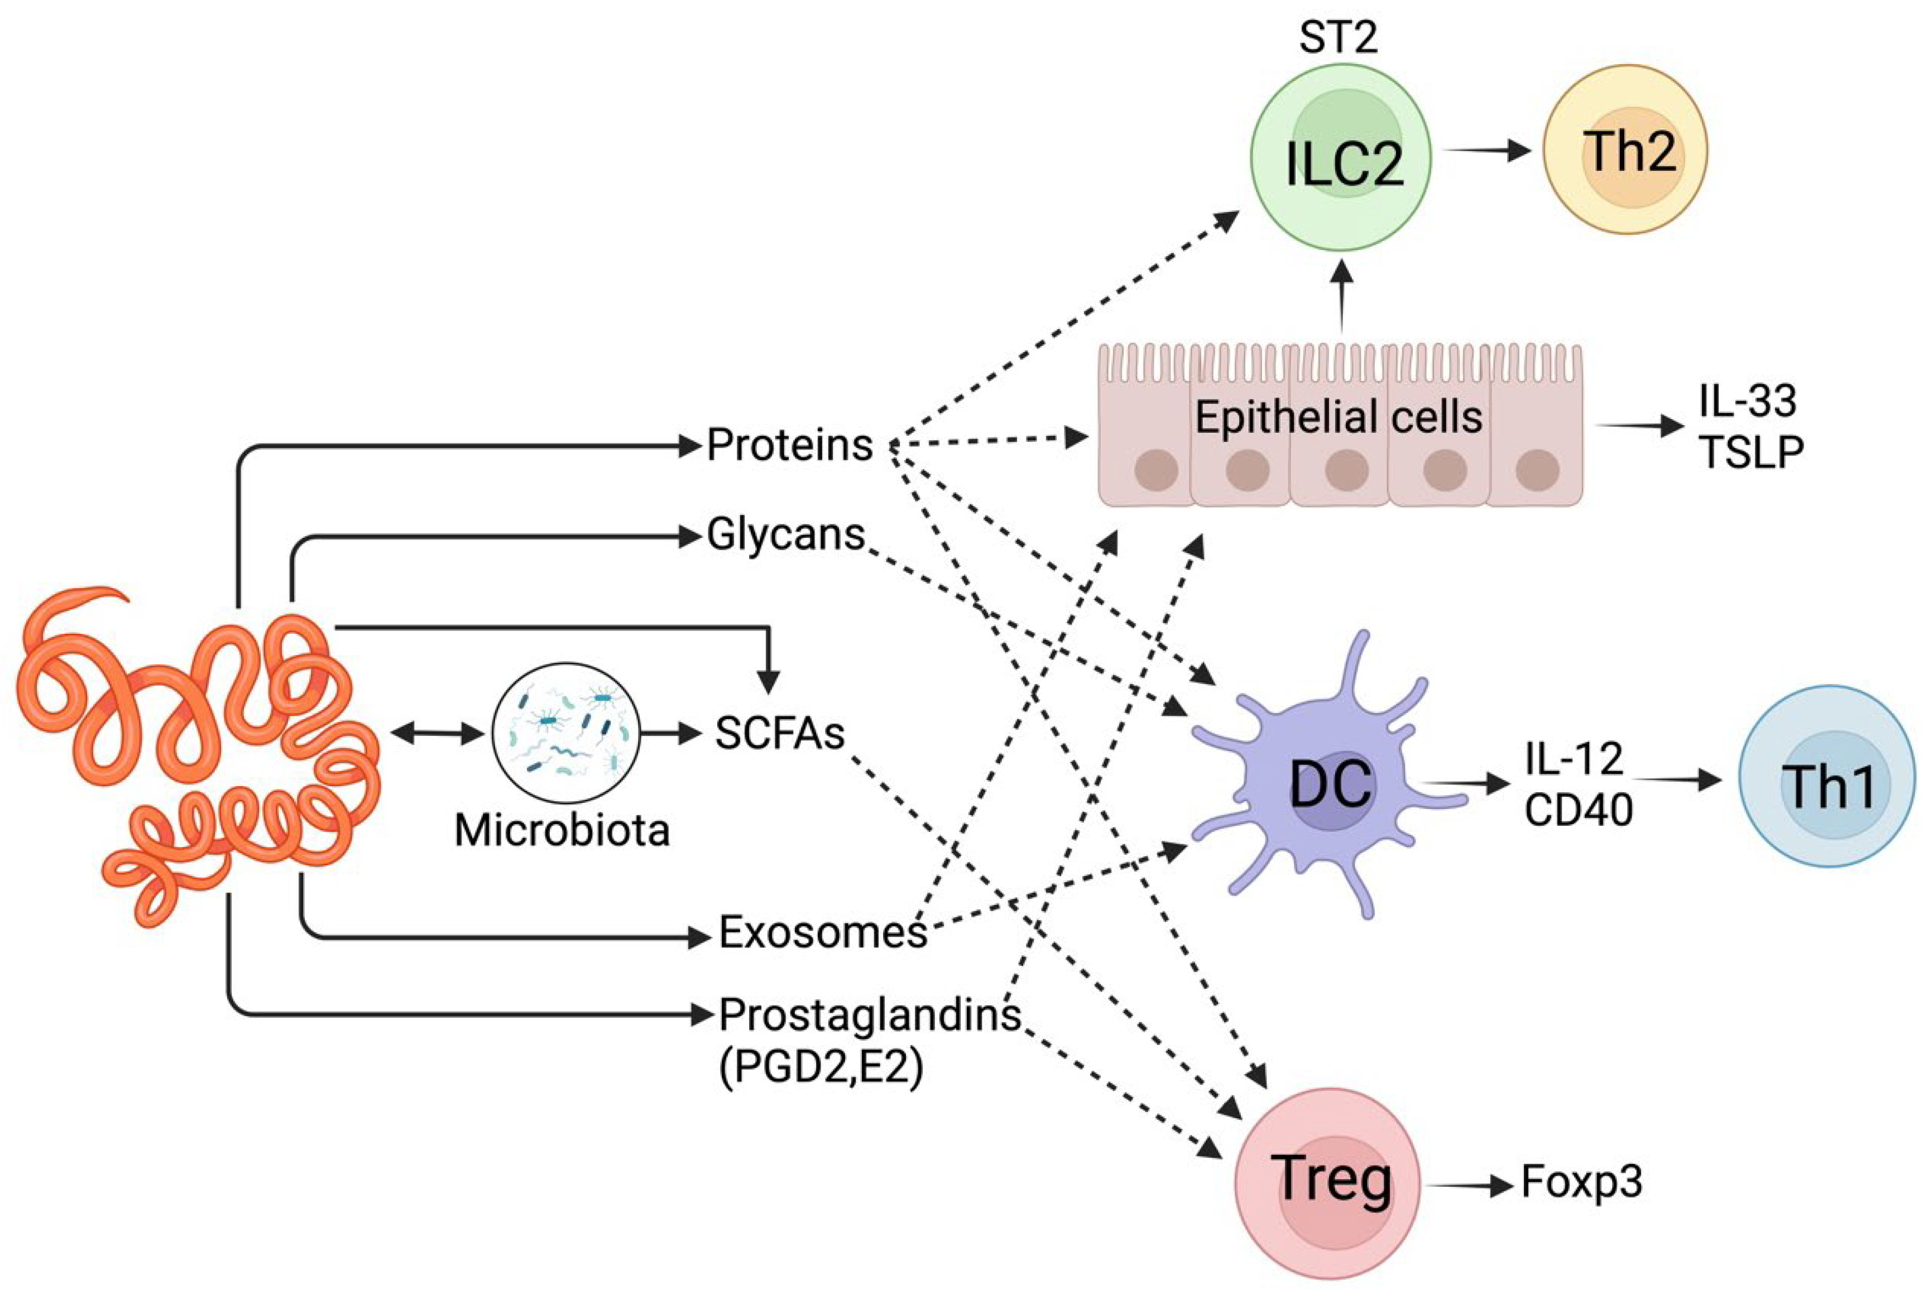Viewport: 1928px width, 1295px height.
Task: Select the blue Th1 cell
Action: click(x=1827, y=776)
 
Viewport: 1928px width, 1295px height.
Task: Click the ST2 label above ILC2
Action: click(x=1338, y=39)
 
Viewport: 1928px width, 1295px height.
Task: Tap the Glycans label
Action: click(x=785, y=535)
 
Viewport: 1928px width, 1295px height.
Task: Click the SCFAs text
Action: click(x=780, y=733)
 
